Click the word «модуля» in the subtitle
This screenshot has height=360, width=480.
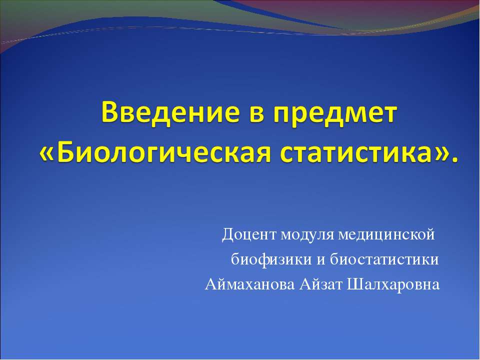(307, 234)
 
